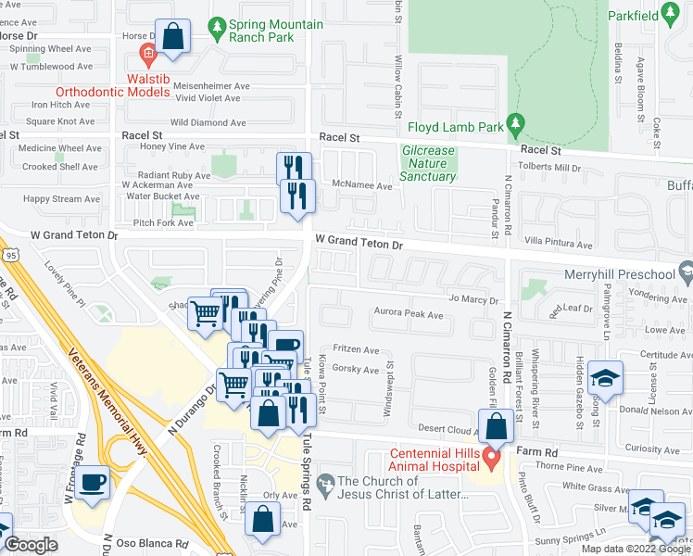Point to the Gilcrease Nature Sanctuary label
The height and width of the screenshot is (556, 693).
point(428,163)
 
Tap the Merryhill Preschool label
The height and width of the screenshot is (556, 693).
point(619,274)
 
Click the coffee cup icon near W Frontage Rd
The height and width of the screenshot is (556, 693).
point(93,483)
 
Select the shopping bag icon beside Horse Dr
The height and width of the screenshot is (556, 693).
point(172,37)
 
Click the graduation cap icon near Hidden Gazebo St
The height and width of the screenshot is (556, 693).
point(605,379)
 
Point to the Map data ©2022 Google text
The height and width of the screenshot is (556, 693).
point(635,549)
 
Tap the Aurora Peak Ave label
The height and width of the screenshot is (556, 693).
point(408,315)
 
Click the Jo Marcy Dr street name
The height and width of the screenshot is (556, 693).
point(473,300)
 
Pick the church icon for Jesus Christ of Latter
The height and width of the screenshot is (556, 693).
point(324,483)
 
